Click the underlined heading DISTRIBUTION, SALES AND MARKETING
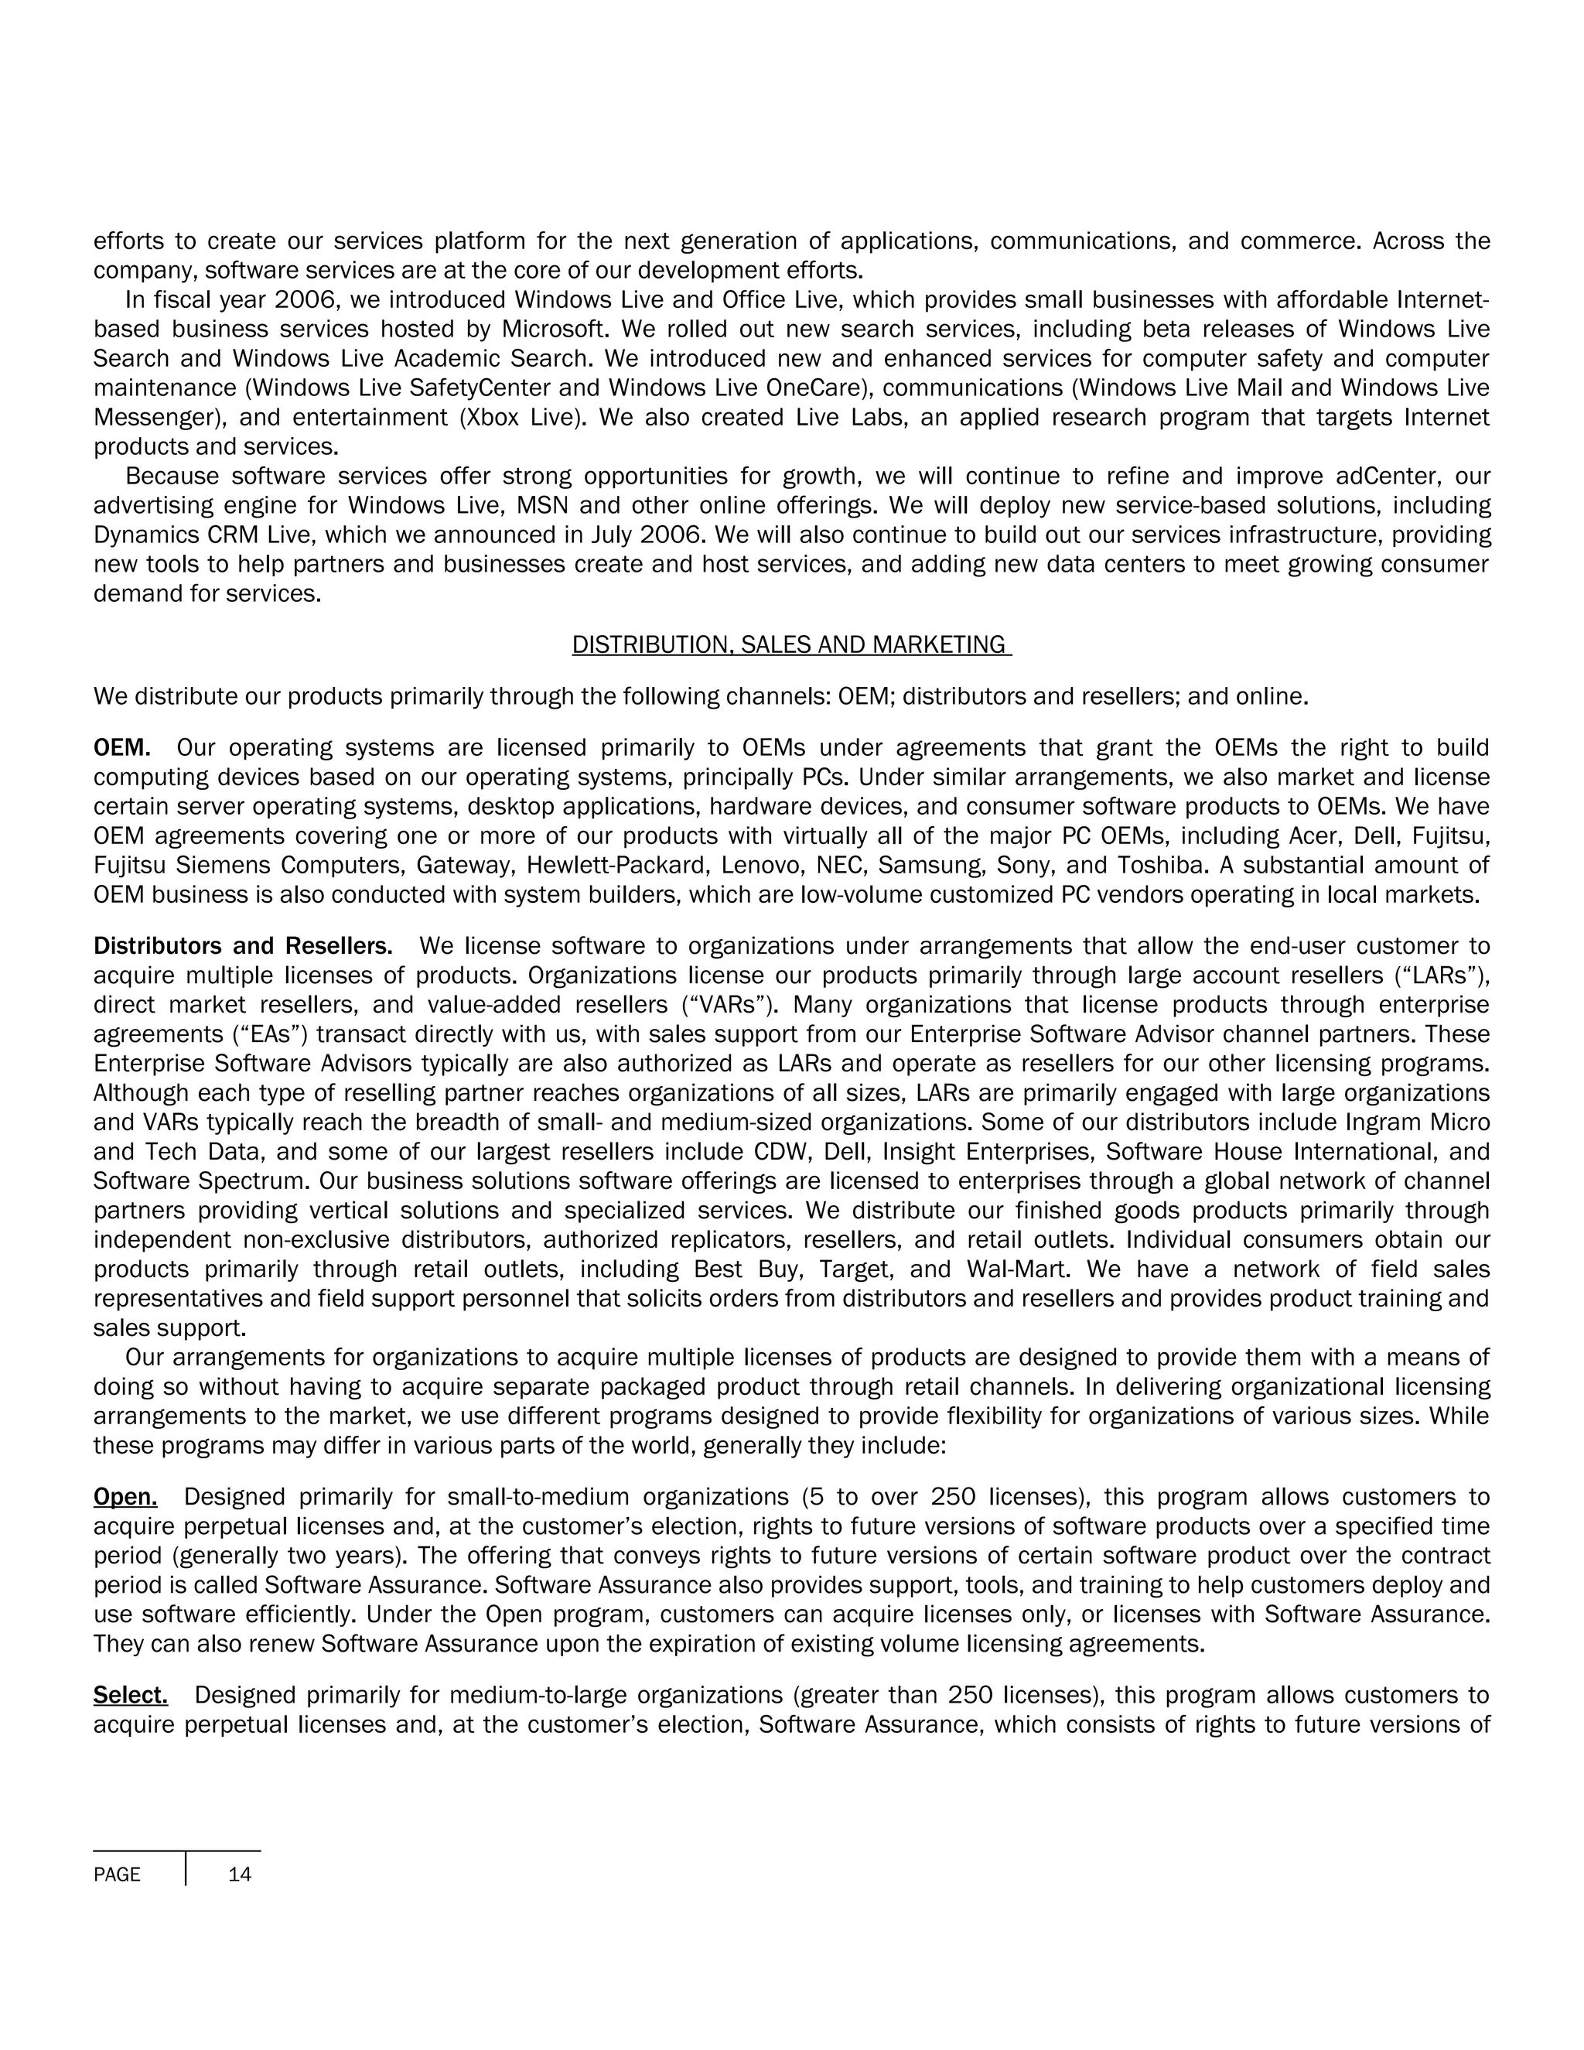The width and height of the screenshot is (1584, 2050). pos(791,645)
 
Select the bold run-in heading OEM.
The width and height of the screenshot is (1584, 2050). pos(122,748)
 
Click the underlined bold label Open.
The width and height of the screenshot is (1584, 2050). pos(125,1497)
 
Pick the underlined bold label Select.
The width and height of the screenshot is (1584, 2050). pos(131,1695)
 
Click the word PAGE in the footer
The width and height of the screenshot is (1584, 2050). pos(118,1874)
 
